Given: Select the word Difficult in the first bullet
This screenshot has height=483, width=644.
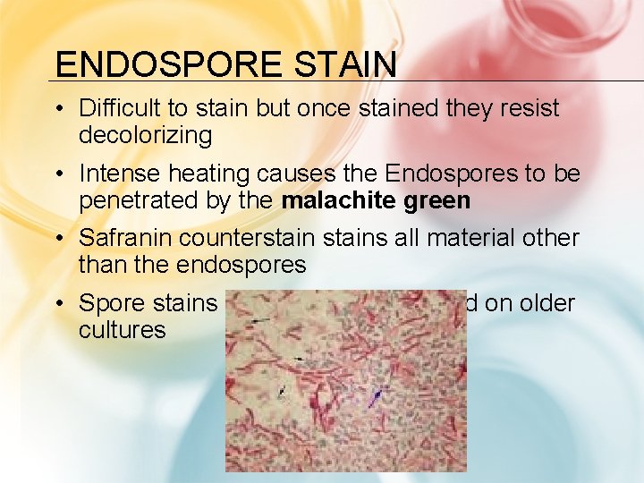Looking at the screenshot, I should coord(122,109).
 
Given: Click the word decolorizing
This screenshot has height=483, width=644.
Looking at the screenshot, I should coord(145,135).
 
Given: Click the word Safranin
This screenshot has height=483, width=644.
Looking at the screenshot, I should coord(125,239).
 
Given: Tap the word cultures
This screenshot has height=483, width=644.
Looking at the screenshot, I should coord(122,330).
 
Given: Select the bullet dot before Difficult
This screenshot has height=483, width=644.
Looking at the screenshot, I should coord(57,110).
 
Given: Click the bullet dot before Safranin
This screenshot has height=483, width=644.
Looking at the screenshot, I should coord(57,240).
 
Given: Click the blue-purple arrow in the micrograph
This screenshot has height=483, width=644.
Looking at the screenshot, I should coord(377,396).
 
